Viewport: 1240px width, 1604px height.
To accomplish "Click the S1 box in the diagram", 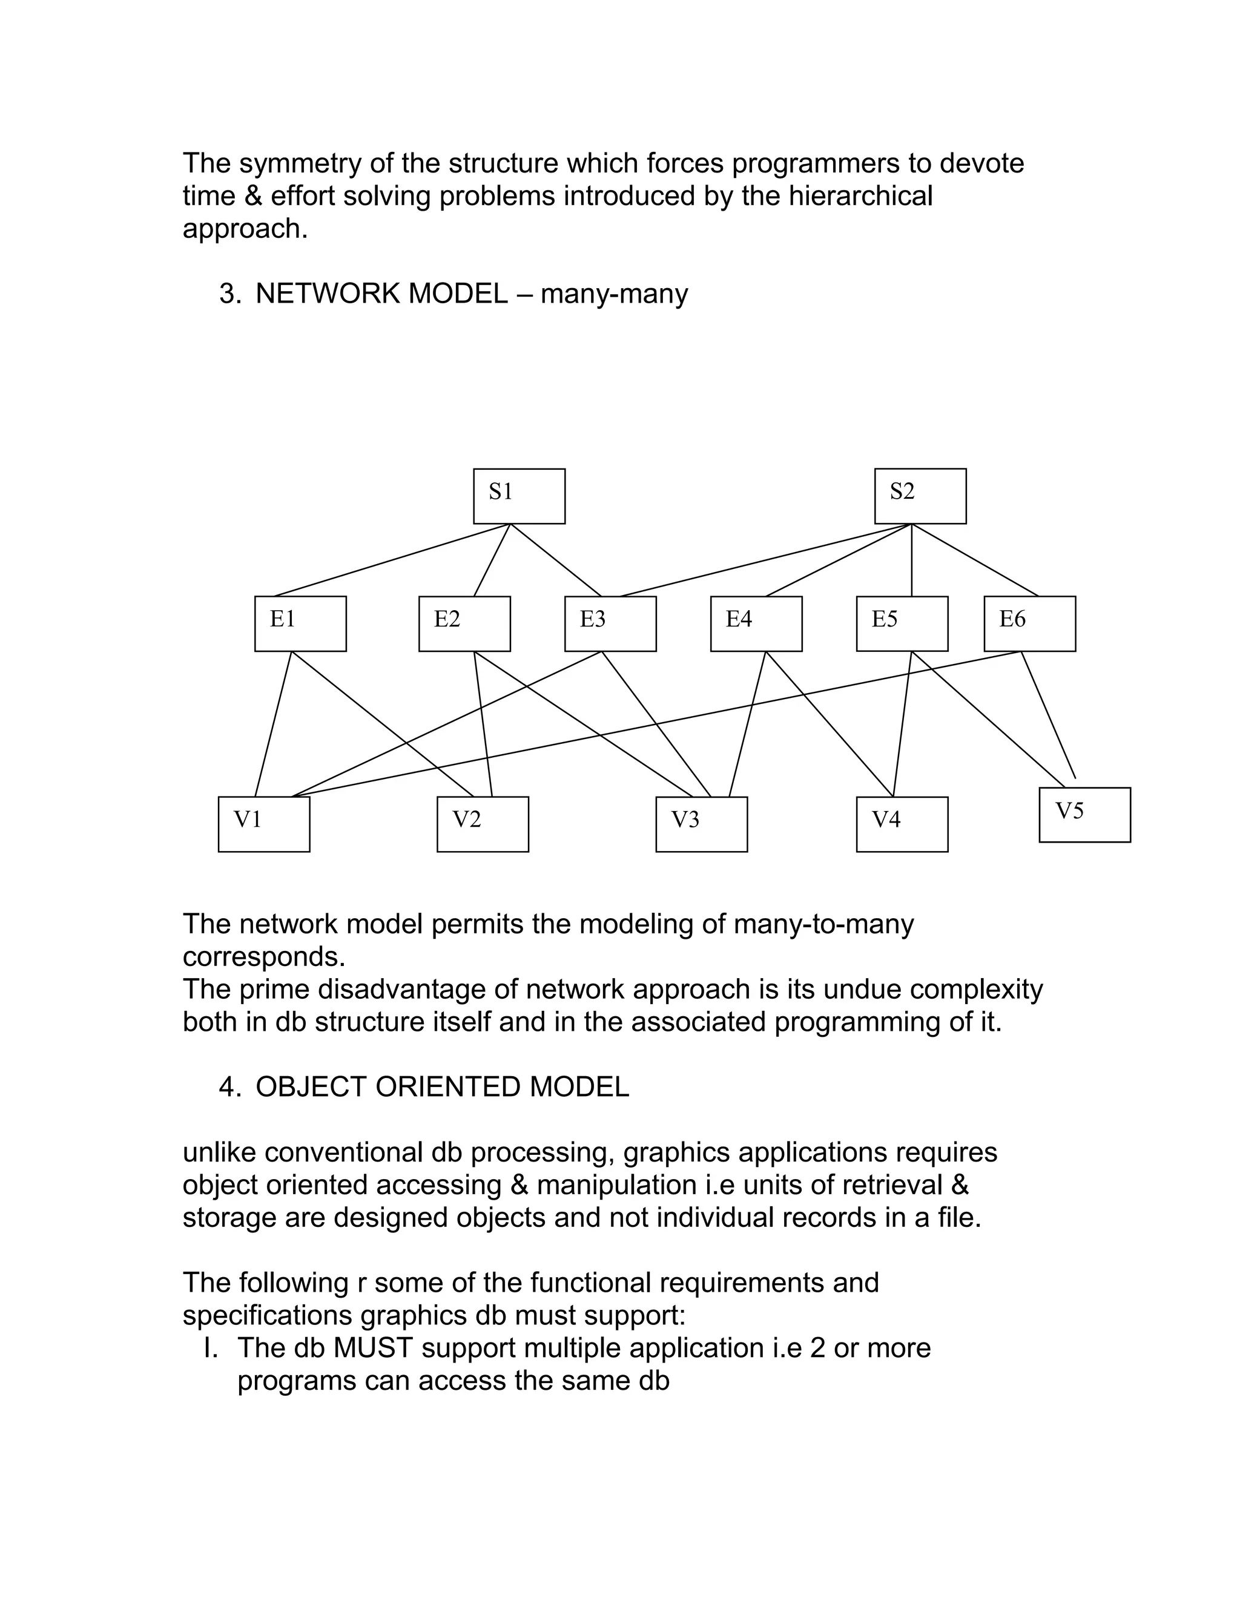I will point(519,496).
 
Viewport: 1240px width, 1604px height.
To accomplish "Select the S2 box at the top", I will point(920,496).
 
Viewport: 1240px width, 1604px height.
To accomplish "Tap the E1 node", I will point(300,623).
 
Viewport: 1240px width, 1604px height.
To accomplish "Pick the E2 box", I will point(464,623).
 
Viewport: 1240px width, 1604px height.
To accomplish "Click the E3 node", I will point(610,623).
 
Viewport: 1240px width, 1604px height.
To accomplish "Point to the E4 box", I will point(756,623).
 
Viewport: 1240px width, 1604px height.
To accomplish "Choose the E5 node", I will point(902,623).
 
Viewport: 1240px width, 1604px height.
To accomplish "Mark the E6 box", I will point(1029,623).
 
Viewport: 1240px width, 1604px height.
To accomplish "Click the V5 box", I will point(1084,815).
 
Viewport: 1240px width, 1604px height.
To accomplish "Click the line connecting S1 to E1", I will point(392,560).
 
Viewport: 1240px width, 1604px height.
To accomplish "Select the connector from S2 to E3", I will point(757,560).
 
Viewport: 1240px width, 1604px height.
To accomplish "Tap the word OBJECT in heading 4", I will point(311,1087).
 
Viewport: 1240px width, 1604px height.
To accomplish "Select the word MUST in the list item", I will point(373,1348).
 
